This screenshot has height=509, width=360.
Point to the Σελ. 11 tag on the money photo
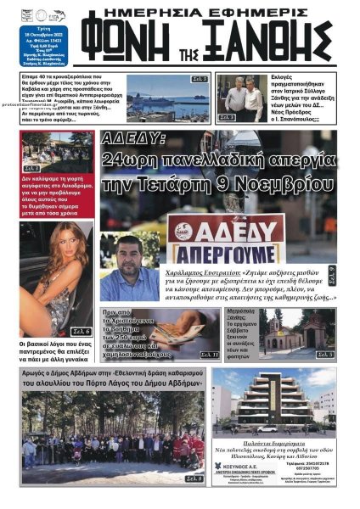click(x=209, y=354)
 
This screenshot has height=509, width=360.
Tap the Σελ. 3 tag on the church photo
click(x=324, y=354)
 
